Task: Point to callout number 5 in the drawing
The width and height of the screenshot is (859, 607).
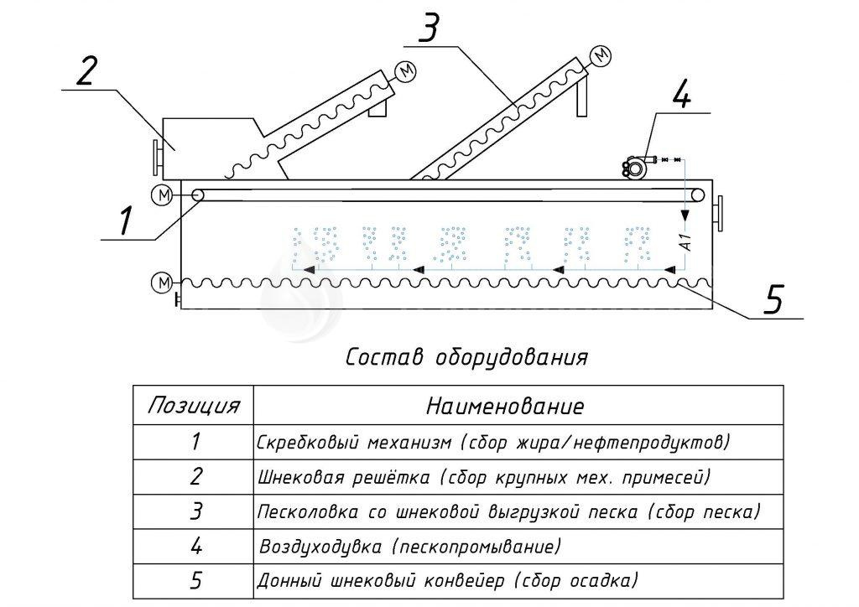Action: pos(774,298)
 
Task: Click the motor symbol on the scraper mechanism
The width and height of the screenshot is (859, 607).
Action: pos(160,195)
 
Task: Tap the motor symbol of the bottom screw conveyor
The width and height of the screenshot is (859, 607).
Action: pos(160,283)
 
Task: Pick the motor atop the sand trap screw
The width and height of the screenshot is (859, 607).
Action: pos(601,56)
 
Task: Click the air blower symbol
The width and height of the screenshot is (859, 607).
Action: pos(635,166)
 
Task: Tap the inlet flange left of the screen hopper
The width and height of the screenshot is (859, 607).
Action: pos(156,157)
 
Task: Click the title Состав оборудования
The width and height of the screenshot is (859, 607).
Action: pos(466,357)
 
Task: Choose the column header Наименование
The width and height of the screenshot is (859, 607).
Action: pos(505,407)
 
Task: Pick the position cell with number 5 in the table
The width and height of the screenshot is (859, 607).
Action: pos(195,580)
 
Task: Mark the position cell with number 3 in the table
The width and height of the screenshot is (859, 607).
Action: pos(195,511)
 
